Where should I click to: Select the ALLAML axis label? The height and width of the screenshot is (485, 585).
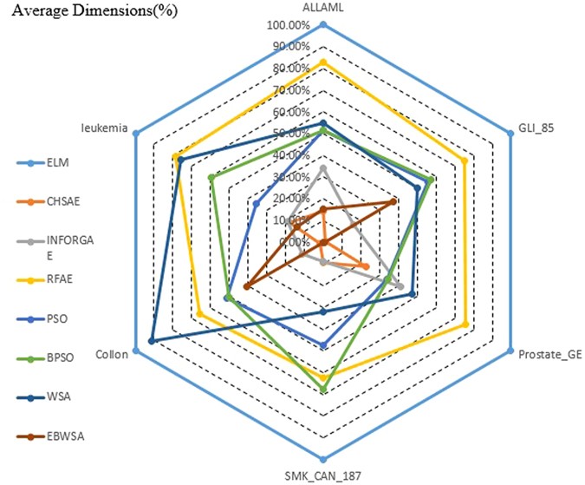point(322,9)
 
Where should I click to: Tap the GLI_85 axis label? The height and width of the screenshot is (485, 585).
point(536,127)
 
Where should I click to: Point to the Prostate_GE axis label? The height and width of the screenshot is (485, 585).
point(549,354)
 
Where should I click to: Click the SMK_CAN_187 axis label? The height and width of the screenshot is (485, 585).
point(322,475)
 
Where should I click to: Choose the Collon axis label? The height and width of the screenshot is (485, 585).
point(112,354)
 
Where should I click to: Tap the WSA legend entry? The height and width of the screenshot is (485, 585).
point(52,397)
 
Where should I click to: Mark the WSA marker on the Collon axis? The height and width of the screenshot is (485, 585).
point(153,341)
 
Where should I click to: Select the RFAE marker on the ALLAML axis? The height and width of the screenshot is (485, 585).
point(323,62)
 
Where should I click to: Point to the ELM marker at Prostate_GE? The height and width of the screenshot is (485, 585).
point(510,351)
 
